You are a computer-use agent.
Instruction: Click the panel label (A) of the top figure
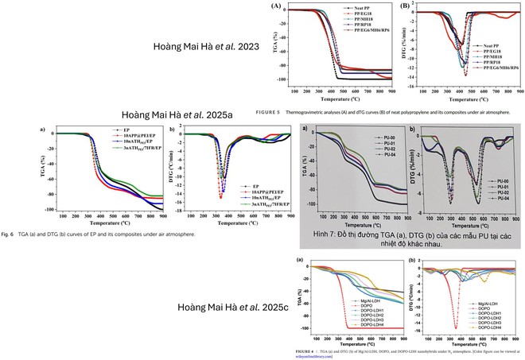276,6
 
